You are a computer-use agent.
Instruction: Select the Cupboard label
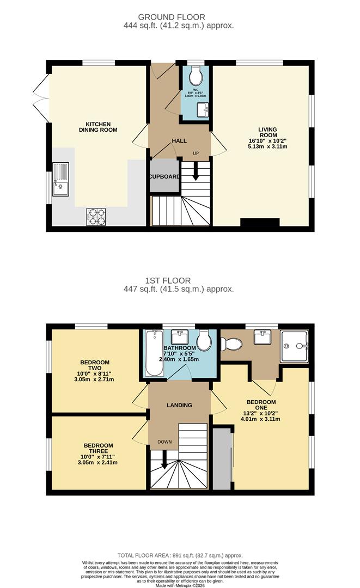coord(164,177)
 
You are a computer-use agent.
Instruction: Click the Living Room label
coord(268,132)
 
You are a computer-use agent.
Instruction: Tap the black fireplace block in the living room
coord(259,222)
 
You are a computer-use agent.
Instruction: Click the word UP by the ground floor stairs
coord(194,153)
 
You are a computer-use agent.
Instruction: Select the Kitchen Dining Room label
coord(98,127)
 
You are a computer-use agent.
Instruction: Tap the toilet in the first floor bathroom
coord(204,342)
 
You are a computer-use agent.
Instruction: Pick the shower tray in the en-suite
coord(294,346)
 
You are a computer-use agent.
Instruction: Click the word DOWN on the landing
coord(164,442)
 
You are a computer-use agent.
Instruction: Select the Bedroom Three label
coord(95,448)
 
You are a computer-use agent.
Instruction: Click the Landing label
coord(179,405)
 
